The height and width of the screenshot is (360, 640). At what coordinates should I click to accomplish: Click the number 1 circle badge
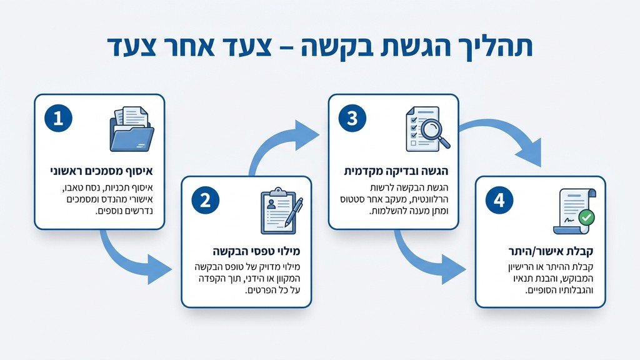coord(58,119)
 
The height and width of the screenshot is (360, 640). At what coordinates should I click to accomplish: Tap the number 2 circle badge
coord(205,201)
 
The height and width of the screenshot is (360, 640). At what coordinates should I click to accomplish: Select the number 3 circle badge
coord(352,119)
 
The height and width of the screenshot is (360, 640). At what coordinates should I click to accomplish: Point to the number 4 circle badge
coord(499,201)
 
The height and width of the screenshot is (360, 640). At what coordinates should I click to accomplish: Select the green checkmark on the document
coord(586,218)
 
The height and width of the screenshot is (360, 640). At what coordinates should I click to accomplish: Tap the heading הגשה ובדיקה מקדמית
coord(396,170)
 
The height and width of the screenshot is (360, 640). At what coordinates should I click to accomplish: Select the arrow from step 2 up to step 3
coord(281,144)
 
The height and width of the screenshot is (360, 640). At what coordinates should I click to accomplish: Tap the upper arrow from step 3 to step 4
coord(503,137)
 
